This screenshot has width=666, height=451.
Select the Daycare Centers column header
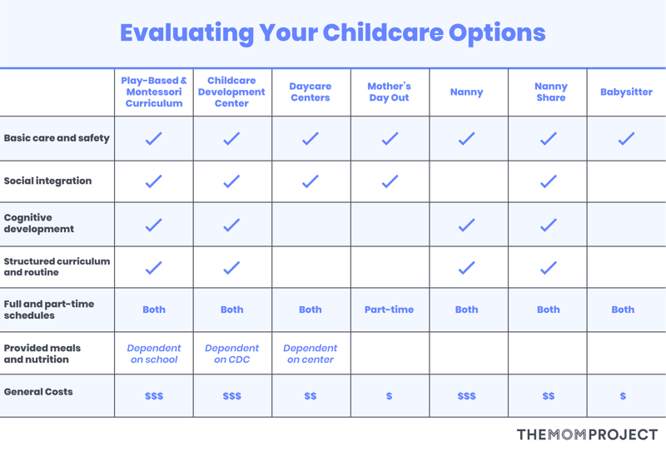pos(310,92)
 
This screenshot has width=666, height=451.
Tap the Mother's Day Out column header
pos(389,92)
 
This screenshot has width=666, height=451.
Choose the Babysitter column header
pos(626,92)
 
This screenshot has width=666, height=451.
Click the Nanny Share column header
pos(551,92)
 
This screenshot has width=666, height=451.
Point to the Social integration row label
pos(47,181)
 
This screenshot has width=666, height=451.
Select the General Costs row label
pos(38,392)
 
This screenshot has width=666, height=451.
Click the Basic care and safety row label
pos(57,138)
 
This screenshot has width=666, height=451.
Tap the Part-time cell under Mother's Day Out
pos(389,310)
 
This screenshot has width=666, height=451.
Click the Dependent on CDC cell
pos(232,354)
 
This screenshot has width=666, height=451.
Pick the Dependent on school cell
pos(154,354)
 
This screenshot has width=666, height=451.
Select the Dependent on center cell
pos(310,354)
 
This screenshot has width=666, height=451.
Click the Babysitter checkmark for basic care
pos(626,138)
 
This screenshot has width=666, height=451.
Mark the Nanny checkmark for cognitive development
pos(466,225)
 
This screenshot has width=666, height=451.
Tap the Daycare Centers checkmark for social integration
pos(310,181)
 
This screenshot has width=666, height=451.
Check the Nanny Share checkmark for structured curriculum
pos(549,268)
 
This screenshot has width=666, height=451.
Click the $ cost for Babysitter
pos(623,396)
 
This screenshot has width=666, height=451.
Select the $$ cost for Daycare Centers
pos(310,396)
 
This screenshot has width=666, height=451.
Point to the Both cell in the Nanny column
pos(466,310)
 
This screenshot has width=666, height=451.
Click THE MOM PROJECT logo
pos(587,434)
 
